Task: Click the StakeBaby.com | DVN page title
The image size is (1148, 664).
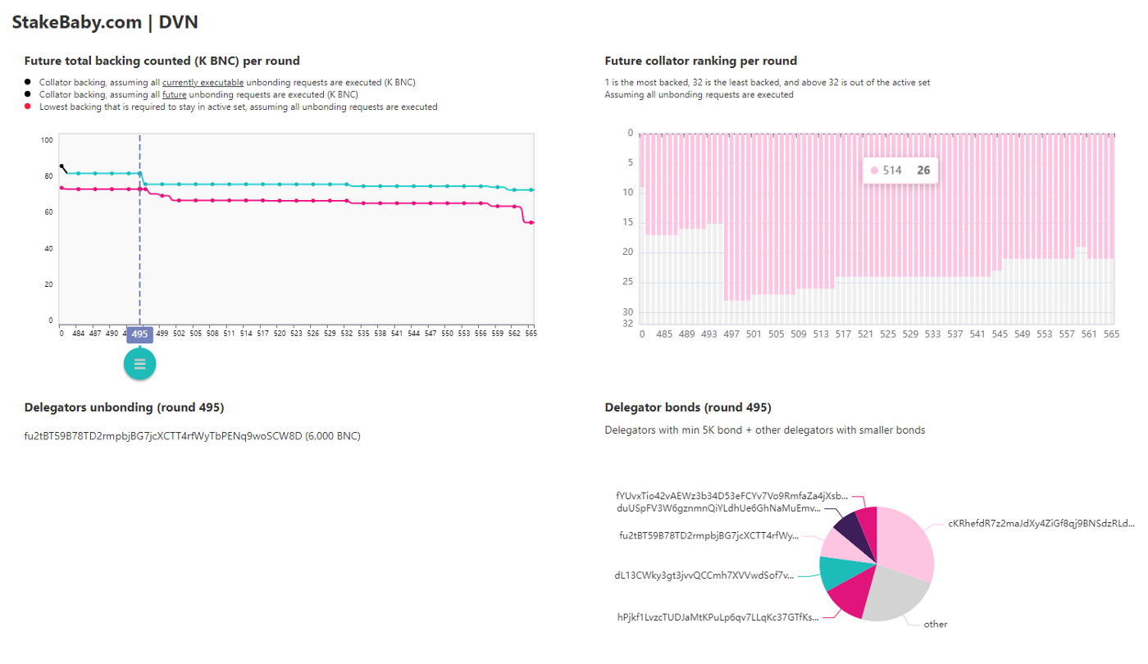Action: (x=105, y=22)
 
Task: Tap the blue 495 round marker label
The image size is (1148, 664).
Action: (x=139, y=334)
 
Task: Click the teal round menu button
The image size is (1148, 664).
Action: (x=139, y=364)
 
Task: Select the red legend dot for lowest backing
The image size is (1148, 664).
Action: (x=28, y=107)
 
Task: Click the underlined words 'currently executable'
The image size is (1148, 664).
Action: (x=203, y=83)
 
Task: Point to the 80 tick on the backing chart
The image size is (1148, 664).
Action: (x=48, y=176)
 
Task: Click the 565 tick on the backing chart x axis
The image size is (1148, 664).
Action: (x=531, y=334)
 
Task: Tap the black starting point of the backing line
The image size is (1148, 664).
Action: (x=61, y=166)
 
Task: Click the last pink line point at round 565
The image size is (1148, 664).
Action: (x=531, y=222)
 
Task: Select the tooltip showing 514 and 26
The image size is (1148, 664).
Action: (x=900, y=171)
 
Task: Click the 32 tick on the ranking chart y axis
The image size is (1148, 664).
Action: (x=628, y=323)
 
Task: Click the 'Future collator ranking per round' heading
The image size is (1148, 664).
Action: (x=700, y=61)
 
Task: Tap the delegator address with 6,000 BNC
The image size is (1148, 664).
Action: (x=192, y=436)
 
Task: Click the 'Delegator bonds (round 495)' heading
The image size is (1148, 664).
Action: (x=687, y=407)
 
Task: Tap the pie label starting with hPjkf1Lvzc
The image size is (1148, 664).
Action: (x=717, y=617)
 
